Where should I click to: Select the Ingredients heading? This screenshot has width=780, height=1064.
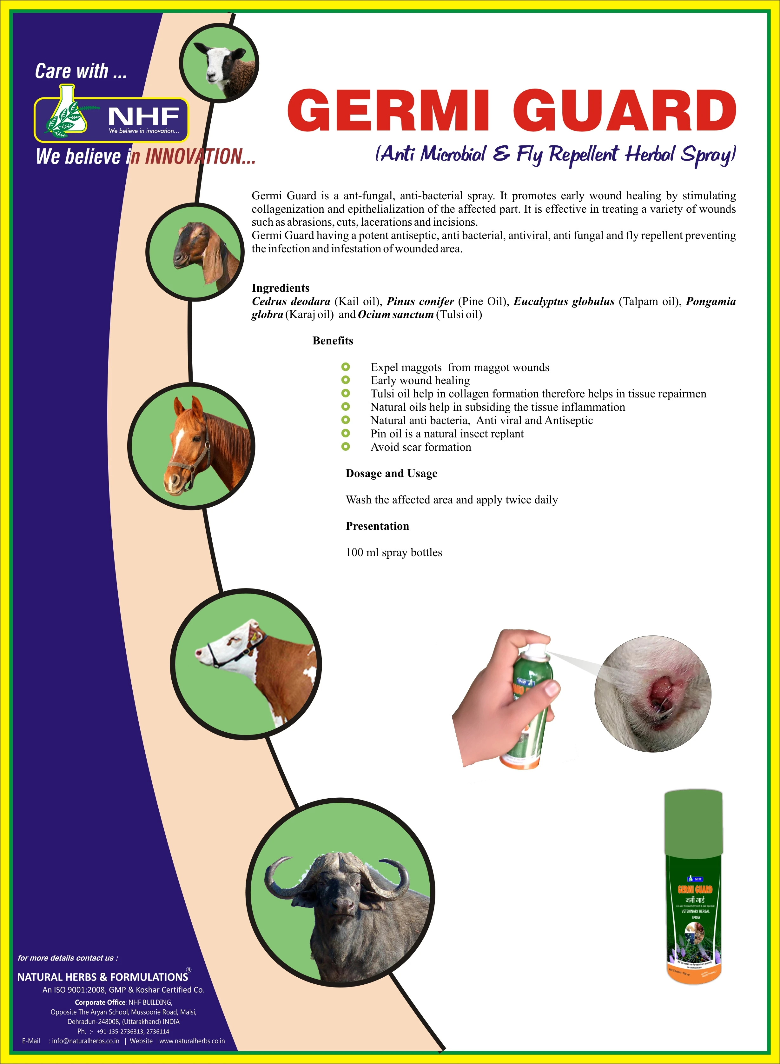tap(281, 288)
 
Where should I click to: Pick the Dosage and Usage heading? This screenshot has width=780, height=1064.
tap(391, 473)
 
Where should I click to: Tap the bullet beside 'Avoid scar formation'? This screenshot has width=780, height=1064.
tap(346, 447)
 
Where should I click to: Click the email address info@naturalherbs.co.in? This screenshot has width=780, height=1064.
tap(85, 1041)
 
